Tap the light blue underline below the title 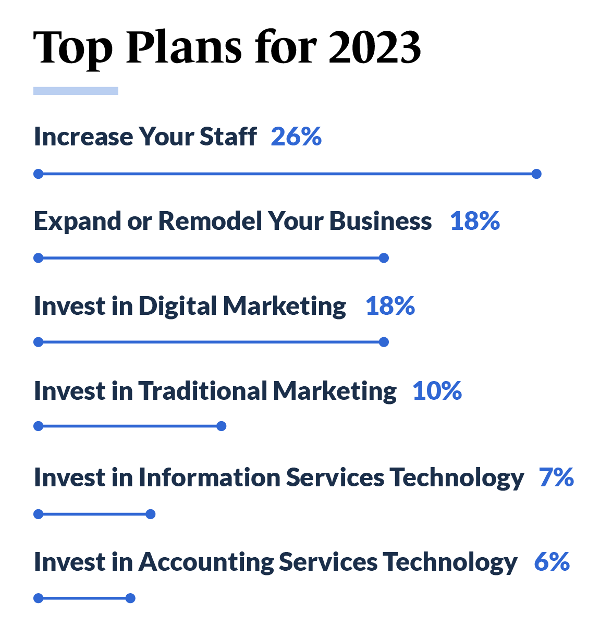tap(76, 90)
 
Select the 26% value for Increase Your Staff tap(296, 137)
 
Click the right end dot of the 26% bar tap(536, 174)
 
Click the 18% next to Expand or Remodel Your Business tap(475, 221)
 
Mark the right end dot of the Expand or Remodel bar tap(384, 258)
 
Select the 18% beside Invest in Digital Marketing tap(390, 306)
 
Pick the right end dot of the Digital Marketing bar tap(384, 342)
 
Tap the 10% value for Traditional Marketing tap(437, 391)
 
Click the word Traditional tap(203, 391)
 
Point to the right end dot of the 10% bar tap(222, 426)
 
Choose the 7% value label tap(556, 477)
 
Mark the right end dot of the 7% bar tap(151, 514)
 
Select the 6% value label tap(552, 562)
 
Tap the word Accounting tap(205, 562)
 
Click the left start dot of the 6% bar tap(38, 598)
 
